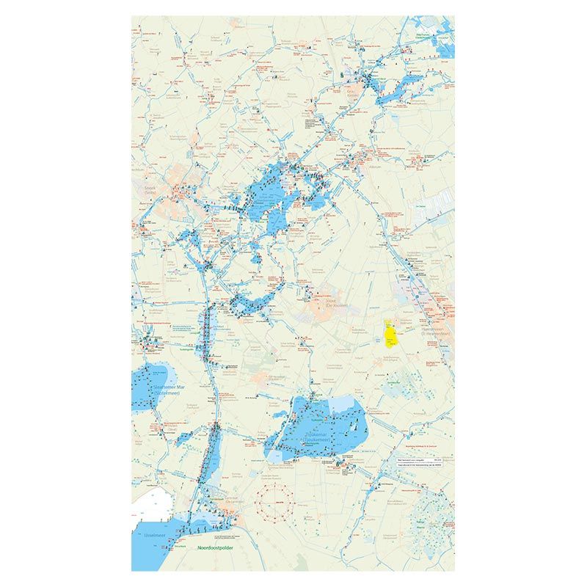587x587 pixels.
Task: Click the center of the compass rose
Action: (x=277, y=500)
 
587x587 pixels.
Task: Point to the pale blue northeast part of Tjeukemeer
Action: (x=344, y=403)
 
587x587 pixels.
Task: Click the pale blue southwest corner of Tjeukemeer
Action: (x=272, y=456)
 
